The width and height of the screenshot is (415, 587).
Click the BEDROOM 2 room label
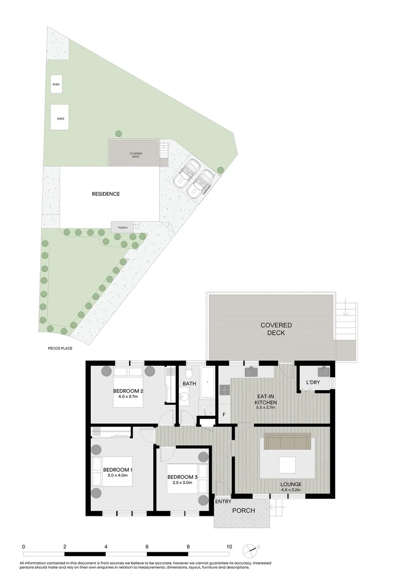tap(128, 391)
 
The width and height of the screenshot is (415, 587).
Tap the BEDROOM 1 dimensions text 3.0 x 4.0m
tap(117, 476)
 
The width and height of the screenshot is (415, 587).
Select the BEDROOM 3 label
tap(182, 477)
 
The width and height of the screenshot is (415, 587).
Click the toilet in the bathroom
tap(188, 373)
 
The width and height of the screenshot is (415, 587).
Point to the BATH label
tap(189, 384)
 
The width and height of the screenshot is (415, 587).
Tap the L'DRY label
tap(313, 383)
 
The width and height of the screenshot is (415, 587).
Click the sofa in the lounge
tap(287, 441)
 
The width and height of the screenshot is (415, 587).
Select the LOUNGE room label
tap(291, 484)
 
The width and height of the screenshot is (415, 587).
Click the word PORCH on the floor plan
tap(243, 511)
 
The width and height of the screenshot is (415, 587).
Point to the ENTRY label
tap(223, 501)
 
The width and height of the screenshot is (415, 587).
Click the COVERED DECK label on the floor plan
tap(276, 329)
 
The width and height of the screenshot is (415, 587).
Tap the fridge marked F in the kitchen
tap(224, 415)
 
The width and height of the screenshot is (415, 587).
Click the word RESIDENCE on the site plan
tap(105, 193)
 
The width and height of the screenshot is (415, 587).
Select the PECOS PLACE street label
tap(60, 348)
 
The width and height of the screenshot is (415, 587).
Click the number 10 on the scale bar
tap(229, 546)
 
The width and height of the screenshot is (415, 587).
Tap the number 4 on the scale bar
tap(106, 546)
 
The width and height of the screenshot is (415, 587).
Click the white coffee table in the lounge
tap(287, 465)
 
